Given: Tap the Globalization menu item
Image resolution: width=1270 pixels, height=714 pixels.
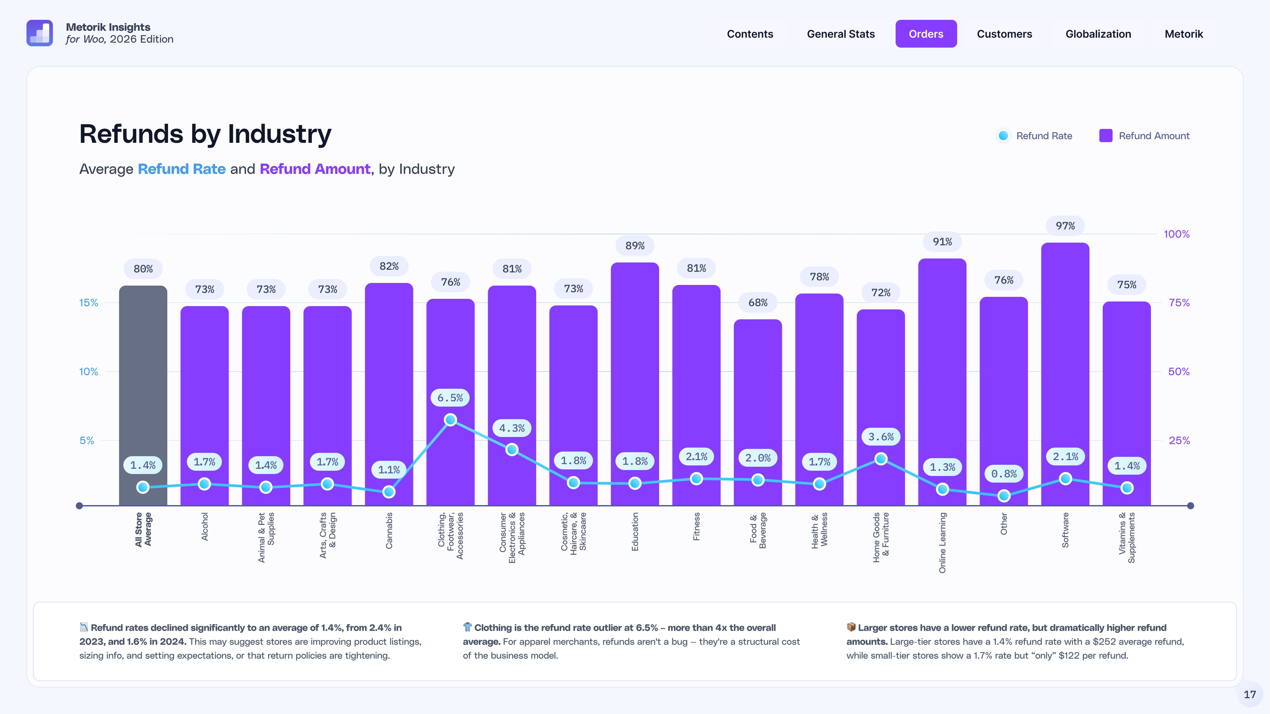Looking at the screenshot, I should coord(1098,34).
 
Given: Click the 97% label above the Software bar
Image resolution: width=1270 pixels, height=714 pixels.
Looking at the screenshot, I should coord(1065,226).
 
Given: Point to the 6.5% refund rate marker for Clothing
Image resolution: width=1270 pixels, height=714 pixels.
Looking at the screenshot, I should coord(450,420).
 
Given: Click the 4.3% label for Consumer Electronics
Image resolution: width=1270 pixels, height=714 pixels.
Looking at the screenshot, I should coord(512,428).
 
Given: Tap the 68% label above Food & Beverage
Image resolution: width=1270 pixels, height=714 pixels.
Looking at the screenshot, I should coord(758,302).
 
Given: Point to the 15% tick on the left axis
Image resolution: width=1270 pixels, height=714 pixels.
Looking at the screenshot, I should coord(88,302).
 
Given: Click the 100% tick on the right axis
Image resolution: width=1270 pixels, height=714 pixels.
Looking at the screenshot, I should coord(1176,234).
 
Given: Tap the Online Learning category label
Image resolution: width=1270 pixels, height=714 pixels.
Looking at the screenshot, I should coord(942,542).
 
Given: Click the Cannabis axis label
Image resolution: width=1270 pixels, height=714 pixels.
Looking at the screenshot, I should coord(389,531).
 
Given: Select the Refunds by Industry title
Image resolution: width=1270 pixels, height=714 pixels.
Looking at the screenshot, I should coord(205,134).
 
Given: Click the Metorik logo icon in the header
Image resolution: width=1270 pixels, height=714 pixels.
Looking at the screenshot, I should coord(39,33).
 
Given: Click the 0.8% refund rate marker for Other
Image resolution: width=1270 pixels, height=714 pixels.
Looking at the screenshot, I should coord(1004,496).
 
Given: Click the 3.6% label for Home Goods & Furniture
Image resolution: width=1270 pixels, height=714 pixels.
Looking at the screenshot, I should coord(880,437).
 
